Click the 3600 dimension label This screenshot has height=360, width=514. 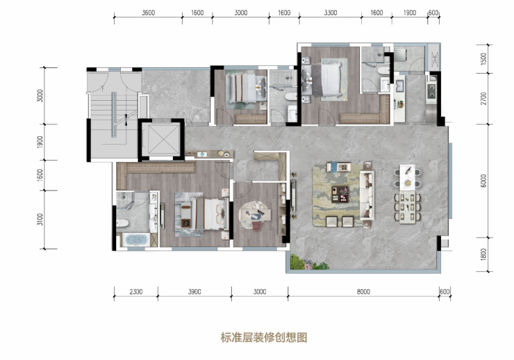point(148,13)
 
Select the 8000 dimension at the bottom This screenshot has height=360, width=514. point(363,291)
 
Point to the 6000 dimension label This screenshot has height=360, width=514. point(483,181)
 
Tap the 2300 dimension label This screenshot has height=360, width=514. point(135,291)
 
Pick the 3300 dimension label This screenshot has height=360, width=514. point(331,13)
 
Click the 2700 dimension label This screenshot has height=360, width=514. point(483,99)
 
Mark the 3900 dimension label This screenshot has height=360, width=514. point(194,291)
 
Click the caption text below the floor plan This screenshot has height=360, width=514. point(264,337)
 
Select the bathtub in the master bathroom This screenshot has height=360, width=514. point(135,240)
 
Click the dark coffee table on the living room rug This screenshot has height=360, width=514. point(340,194)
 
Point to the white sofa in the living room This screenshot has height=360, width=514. point(367,195)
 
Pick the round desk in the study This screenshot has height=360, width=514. point(254,215)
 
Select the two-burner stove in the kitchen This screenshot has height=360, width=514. point(431,91)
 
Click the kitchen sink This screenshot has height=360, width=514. point(399,85)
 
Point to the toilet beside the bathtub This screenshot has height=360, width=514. point(123,223)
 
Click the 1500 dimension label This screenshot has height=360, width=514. point(483,58)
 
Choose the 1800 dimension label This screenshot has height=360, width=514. point(483,254)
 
